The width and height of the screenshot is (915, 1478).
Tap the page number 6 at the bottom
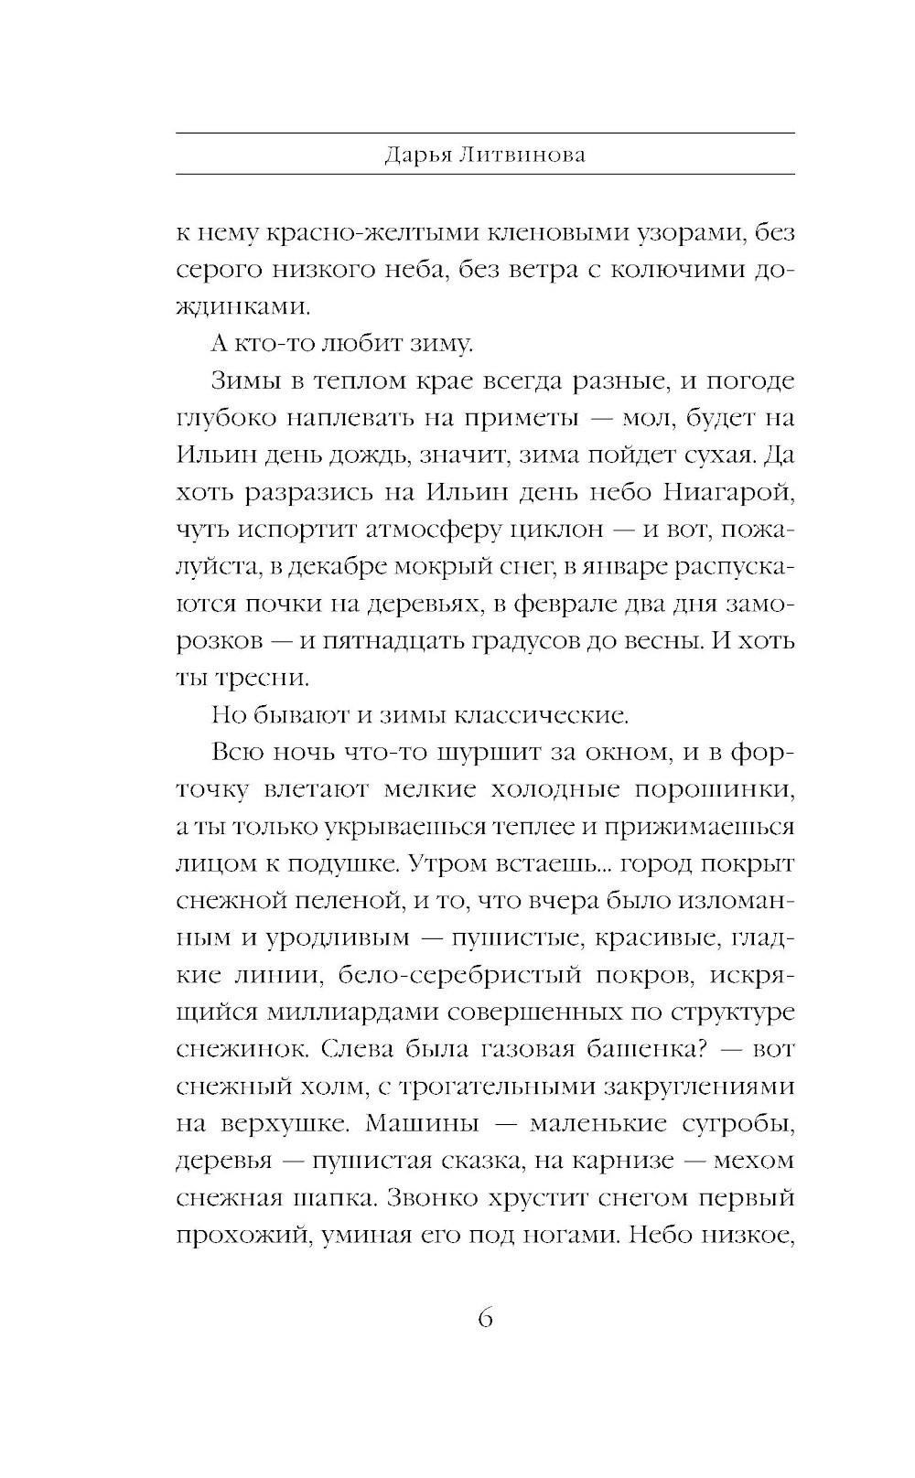pyautogui.click(x=485, y=1318)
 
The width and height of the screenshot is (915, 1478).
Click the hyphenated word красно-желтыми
pyautogui.click(x=379, y=232)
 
